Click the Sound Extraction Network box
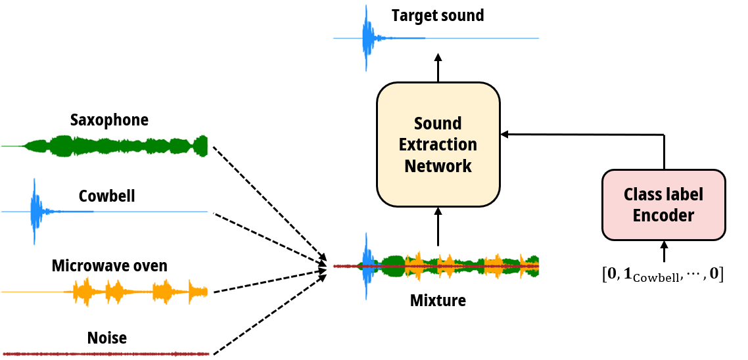[x=438, y=145]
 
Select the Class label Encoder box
[x=663, y=205]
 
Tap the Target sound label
[x=438, y=16]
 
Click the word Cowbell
[x=106, y=196]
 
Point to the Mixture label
[x=438, y=300]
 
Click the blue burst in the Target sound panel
[x=366, y=38]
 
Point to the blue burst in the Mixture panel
[x=365, y=266]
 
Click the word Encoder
[x=663, y=215]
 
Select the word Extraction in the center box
[x=438, y=145]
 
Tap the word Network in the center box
[x=438, y=166]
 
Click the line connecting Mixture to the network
[x=438, y=238]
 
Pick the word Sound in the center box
[x=438, y=124]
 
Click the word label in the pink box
[x=686, y=194]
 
